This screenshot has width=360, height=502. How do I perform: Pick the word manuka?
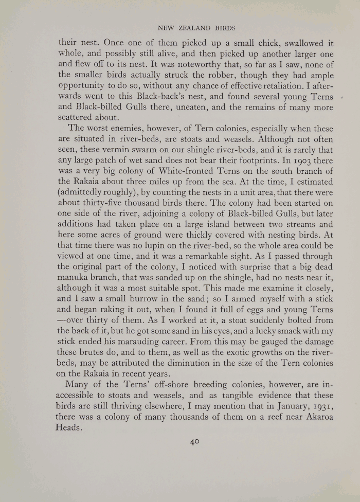click(76, 278)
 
